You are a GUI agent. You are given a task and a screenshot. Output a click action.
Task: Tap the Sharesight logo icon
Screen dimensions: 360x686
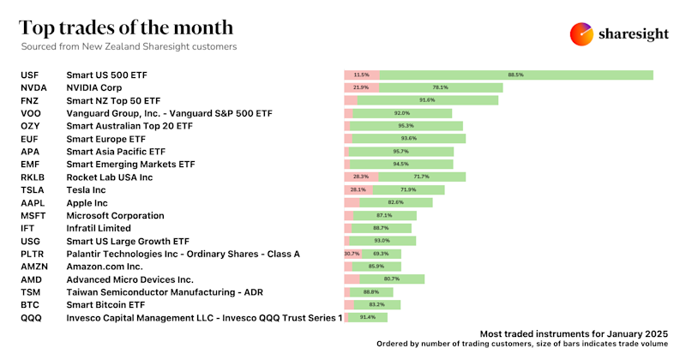click(x=581, y=34)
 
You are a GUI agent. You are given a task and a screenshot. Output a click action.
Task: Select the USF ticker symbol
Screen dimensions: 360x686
click(x=29, y=75)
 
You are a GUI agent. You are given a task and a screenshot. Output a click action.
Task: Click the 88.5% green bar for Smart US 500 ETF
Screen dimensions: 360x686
click(x=515, y=75)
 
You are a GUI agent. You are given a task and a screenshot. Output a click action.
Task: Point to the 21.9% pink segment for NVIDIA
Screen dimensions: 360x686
click(x=360, y=87)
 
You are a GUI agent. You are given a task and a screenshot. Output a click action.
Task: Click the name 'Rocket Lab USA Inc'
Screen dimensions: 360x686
click(x=109, y=177)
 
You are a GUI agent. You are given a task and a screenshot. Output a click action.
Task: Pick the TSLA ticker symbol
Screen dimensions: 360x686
click(x=32, y=189)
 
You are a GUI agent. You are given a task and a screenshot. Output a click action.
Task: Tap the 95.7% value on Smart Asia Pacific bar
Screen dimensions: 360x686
click(x=400, y=152)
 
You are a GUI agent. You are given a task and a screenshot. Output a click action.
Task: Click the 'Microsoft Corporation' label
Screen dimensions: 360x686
click(x=115, y=216)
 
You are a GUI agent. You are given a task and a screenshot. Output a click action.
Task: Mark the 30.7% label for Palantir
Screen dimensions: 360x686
click(x=352, y=254)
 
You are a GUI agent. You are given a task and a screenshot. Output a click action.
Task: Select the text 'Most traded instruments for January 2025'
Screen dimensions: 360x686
click(x=572, y=332)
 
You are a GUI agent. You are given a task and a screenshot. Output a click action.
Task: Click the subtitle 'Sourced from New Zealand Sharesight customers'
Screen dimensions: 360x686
click(x=129, y=46)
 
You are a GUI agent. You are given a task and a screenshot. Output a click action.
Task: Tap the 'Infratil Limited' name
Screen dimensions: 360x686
click(x=99, y=229)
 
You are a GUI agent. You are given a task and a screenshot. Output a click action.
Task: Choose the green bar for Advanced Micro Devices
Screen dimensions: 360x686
click(x=392, y=279)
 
